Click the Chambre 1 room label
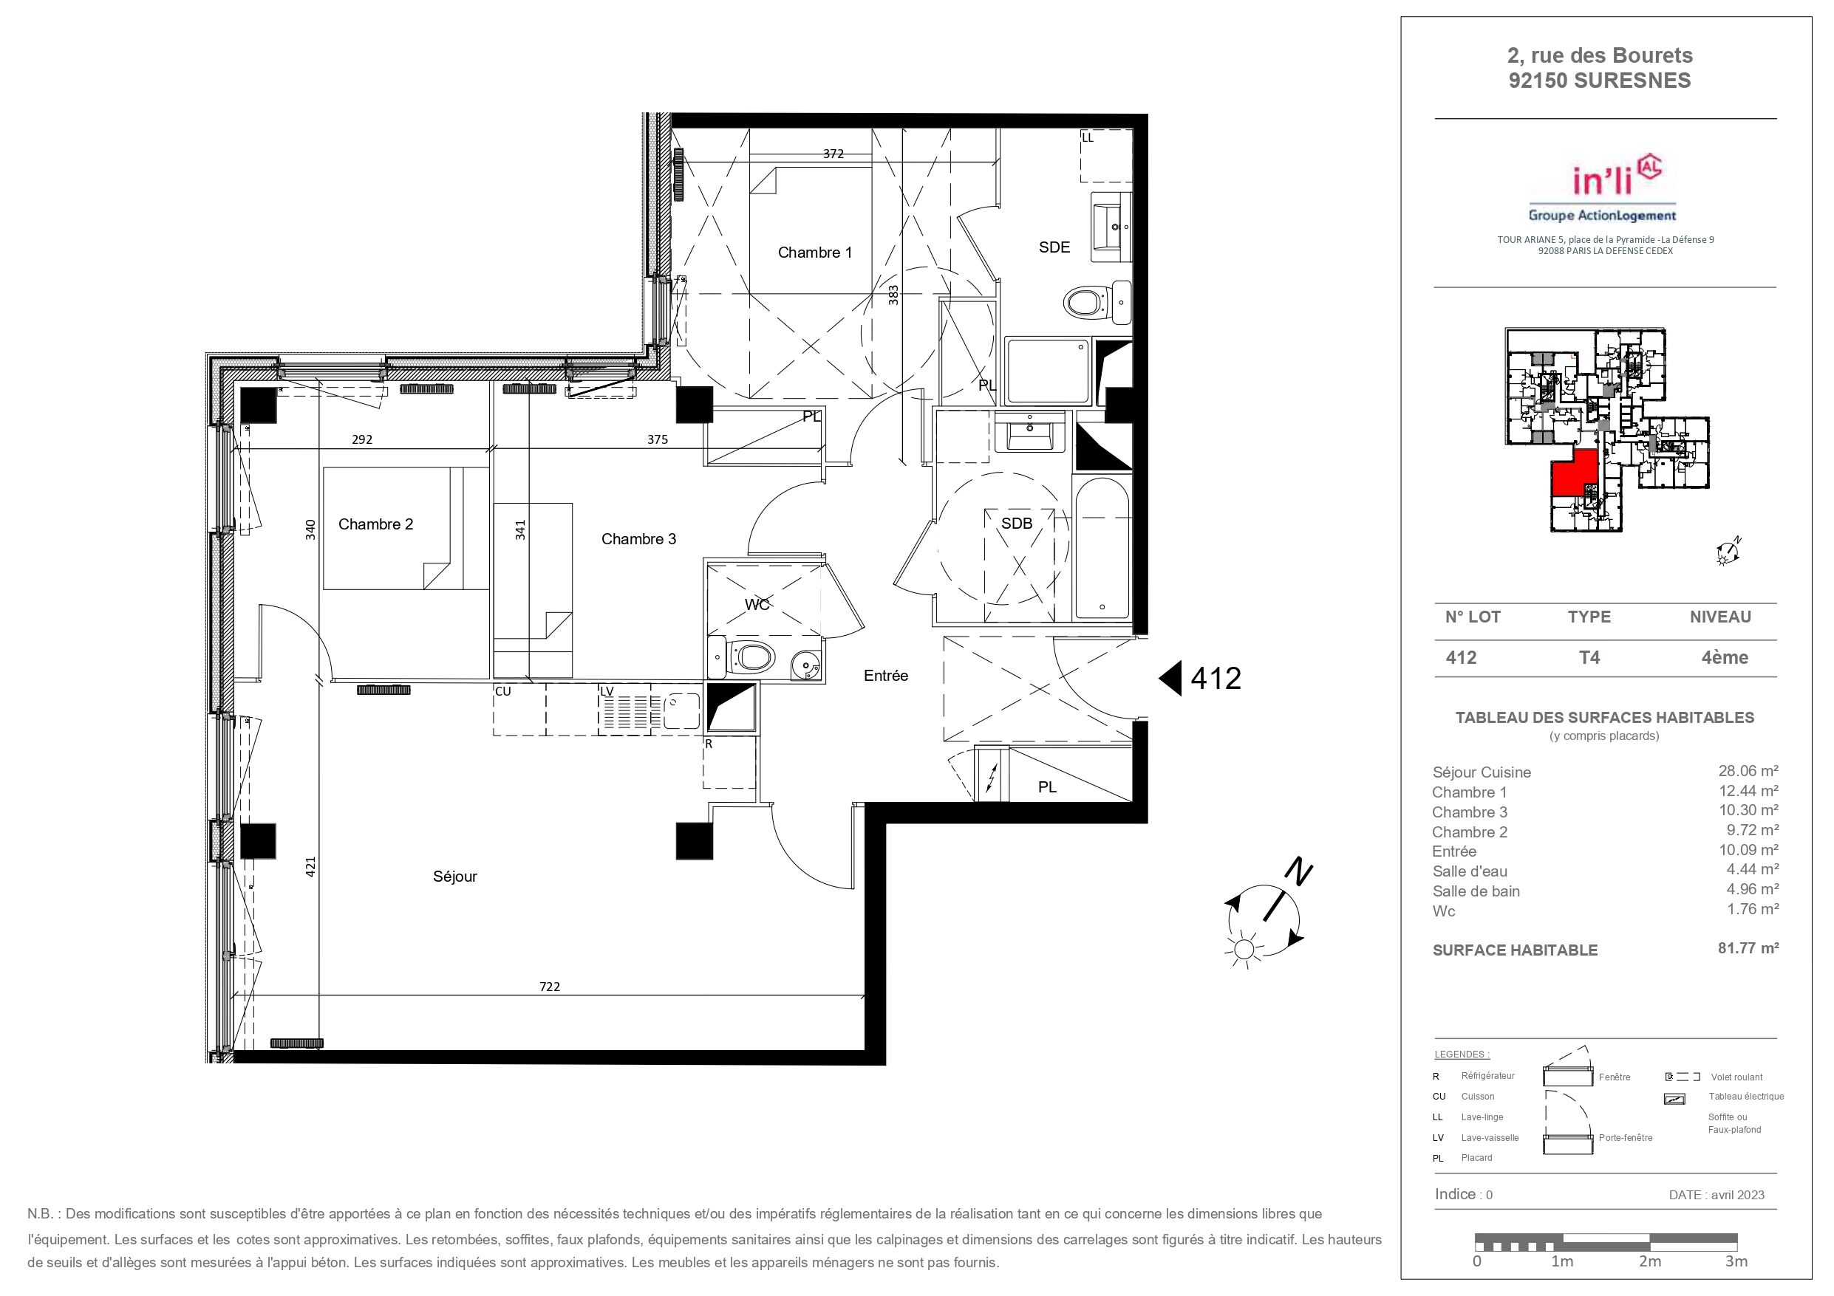tap(815, 253)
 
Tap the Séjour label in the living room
tap(454, 876)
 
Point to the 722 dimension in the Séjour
tap(550, 986)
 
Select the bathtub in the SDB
tap(1102, 548)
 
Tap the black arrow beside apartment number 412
tap(1170, 678)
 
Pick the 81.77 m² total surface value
tap(1748, 949)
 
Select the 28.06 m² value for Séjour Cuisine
tap(1748, 770)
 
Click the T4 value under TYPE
tap(1589, 657)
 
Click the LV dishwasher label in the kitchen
tap(607, 691)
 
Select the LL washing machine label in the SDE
tap(1087, 137)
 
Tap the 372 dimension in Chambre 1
tap(833, 154)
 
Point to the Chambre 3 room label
tap(638, 539)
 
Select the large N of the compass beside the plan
tap(1300, 872)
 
